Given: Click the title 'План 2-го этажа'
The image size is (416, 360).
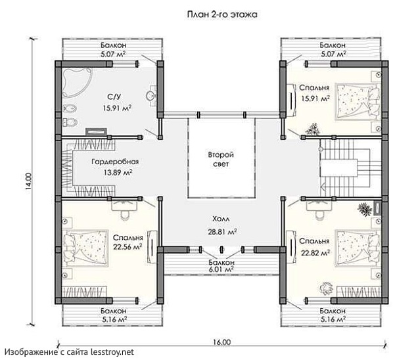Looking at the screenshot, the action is pyautogui.click(x=222, y=14).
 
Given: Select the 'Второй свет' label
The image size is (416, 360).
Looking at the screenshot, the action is pyautogui.click(x=221, y=159).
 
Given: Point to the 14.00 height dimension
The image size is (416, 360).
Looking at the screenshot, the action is pyautogui.click(x=29, y=181).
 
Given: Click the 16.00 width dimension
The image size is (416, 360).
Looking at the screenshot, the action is pyautogui.click(x=221, y=342).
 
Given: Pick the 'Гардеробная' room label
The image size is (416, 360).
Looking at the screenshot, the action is pyautogui.click(x=115, y=162).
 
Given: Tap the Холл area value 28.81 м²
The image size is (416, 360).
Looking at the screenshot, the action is pyautogui.click(x=222, y=232).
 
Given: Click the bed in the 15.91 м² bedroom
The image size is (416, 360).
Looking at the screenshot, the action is pyautogui.click(x=358, y=102).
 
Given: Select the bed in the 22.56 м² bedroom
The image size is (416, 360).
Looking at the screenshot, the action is pyautogui.click(x=85, y=248).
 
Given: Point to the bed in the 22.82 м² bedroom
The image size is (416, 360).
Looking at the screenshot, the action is pyautogui.click(x=358, y=248).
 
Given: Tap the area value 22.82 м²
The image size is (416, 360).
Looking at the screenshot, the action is pyautogui.click(x=315, y=252).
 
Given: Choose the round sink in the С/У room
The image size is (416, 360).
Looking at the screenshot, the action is pyautogui.click(x=150, y=96).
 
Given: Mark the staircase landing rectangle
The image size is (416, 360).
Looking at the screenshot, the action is pyautogui.click(x=338, y=168).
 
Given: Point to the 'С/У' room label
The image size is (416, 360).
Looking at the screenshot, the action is pyautogui.click(x=114, y=97).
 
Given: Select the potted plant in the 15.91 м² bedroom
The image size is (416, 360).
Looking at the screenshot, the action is pyautogui.click(x=313, y=129).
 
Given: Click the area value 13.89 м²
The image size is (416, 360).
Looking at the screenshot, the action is pyautogui.click(x=118, y=173).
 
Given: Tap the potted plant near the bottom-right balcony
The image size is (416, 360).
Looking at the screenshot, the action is pyautogui.click(x=326, y=288).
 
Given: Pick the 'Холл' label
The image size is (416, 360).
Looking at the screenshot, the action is pyautogui.click(x=221, y=219).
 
